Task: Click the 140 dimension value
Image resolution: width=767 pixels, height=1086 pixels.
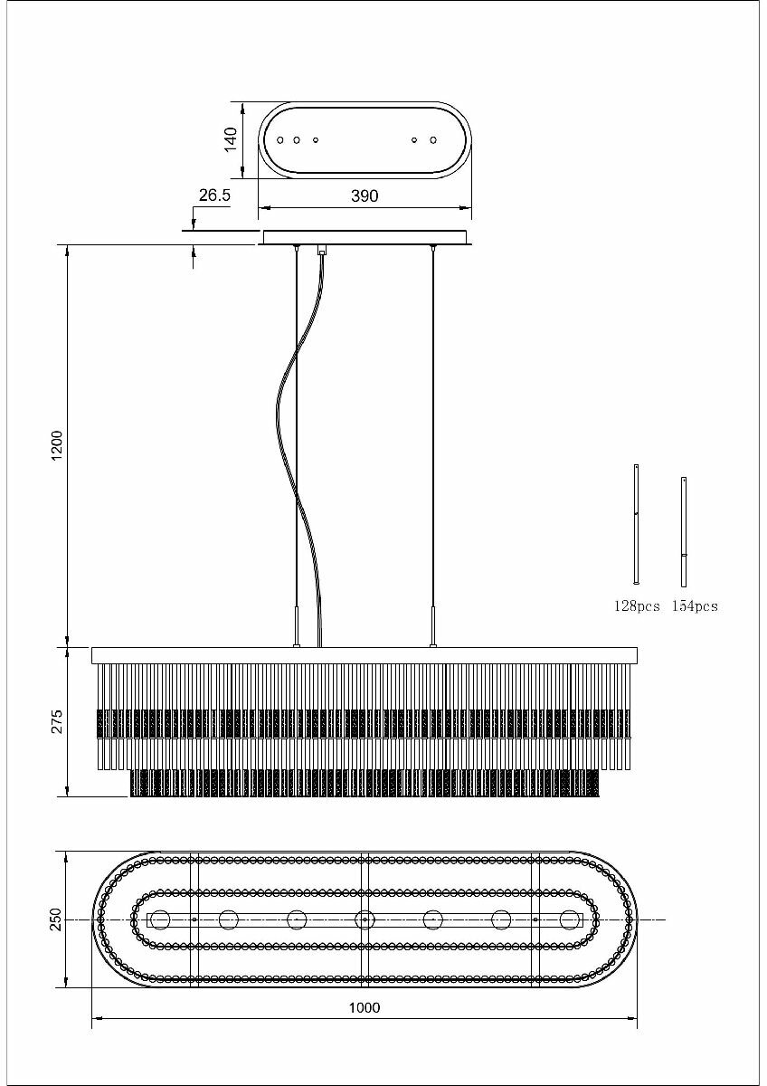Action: click(231, 139)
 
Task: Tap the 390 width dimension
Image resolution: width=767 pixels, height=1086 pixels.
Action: click(365, 195)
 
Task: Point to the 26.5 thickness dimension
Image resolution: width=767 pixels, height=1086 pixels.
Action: click(214, 195)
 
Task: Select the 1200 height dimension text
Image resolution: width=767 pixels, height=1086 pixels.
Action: click(57, 445)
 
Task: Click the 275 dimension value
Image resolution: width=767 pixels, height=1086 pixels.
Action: click(57, 721)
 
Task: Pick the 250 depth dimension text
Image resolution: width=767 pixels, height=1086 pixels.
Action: click(56, 919)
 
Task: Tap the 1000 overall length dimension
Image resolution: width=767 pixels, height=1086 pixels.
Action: click(365, 1007)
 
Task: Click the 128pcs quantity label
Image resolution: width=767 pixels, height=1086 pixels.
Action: click(637, 606)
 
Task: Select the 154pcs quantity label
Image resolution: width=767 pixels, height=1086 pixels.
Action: click(695, 606)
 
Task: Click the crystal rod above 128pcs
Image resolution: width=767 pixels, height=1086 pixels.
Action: click(637, 525)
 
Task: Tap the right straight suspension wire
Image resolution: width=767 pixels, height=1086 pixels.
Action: click(433, 434)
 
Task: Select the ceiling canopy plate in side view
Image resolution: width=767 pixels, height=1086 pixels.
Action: click(365, 237)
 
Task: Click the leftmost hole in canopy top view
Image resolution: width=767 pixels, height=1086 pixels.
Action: click(280, 140)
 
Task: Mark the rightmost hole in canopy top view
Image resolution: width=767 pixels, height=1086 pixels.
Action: click(433, 140)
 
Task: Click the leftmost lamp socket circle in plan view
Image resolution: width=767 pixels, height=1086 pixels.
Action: click(161, 919)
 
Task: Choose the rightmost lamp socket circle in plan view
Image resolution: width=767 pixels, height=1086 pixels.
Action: click(569, 919)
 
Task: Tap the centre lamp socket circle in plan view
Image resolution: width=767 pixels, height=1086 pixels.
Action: click(365, 919)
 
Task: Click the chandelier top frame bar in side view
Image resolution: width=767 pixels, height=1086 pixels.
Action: click(365, 655)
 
